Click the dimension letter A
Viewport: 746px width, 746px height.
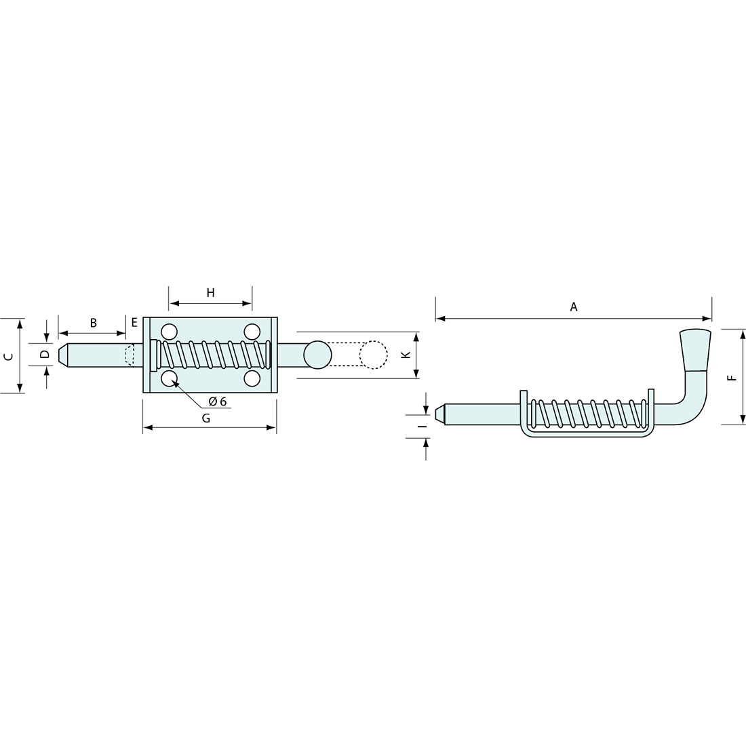click(573, 307)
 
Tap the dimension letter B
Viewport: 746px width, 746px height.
click(94, 323)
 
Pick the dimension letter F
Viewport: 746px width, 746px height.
click(730, 377)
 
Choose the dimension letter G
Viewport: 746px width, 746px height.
click(206, 418)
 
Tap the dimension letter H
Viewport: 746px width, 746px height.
click(210, 293)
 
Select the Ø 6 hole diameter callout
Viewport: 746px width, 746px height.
click(217, 401)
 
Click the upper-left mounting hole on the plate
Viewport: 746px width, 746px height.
click(169, 332)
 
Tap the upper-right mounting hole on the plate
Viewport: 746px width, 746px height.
click(252, 332)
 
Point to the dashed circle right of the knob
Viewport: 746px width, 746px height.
click(373, 354)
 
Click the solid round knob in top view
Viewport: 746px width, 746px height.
click(317, 354)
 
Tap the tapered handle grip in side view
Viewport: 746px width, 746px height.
click(695, 350)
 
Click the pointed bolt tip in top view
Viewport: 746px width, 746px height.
click(65, 355)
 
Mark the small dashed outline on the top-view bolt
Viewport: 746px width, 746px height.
click(130, 355)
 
